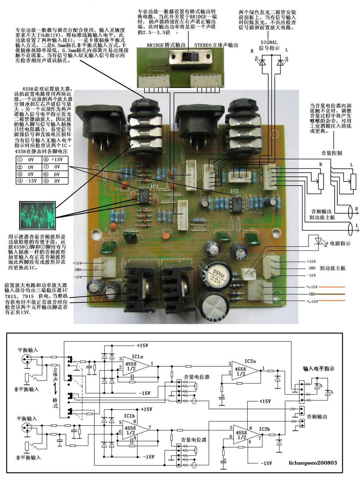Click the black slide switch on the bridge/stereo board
188,59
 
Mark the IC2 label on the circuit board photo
234,191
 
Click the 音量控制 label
331,153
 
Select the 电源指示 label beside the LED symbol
337,243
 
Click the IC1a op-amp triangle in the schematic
135,364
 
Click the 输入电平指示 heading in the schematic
319,369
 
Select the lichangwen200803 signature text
313,463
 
